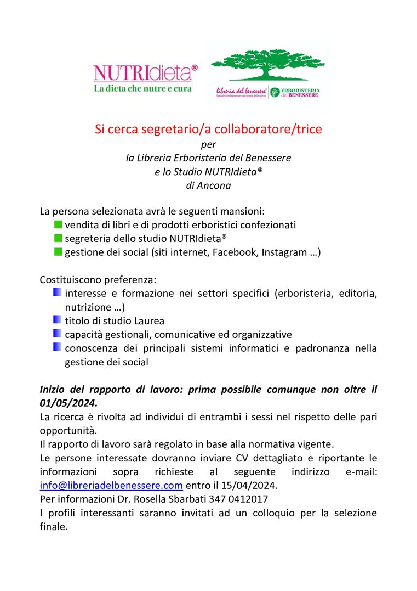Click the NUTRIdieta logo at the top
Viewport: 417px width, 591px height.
point(145,73)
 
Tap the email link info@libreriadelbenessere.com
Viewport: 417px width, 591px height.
point(111,485)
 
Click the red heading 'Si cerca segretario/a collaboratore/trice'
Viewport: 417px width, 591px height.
point(208,130)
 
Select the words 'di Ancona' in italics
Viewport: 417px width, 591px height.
point(208,185)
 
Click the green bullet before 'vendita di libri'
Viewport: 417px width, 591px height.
point(59,224)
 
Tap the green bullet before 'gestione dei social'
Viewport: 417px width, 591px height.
point(59,252)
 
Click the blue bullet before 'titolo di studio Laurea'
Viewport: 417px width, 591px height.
point(57,320)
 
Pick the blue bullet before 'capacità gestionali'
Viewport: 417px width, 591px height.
point(57,334)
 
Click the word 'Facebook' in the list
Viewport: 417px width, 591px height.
point(234,252)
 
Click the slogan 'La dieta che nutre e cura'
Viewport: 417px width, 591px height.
point(142,88)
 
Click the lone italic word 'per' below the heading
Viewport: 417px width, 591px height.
point(208,144)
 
